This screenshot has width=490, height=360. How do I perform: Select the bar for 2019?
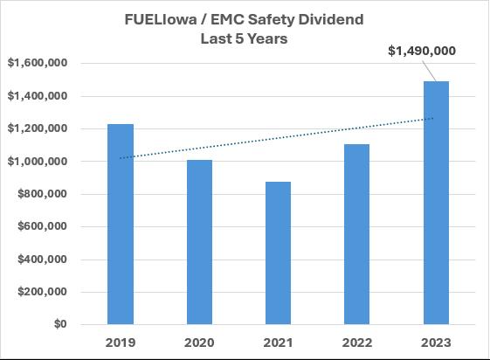121,224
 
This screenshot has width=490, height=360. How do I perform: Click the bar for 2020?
199,242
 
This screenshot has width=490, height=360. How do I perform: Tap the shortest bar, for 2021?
278,253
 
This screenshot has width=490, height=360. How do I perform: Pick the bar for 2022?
356,234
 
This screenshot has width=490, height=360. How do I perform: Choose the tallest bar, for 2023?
436,203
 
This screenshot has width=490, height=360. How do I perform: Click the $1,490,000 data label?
422,51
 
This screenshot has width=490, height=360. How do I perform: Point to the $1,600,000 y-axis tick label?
38,63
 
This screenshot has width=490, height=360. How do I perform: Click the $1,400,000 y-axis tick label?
38,95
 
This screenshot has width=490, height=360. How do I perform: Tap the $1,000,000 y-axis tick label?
38,162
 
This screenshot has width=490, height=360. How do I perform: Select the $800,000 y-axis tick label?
42,194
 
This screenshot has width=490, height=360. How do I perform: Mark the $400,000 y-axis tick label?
42,259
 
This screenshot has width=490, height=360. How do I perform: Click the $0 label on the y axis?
60,324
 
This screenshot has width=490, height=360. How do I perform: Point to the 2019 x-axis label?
121,343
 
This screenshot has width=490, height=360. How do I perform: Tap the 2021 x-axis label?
278,343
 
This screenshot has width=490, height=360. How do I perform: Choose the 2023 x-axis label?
436,343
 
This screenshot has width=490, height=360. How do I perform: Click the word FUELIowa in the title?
161,19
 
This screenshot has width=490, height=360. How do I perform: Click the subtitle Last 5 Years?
244,38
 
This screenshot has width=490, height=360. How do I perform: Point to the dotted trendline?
277,138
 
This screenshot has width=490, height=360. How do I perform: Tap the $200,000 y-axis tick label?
42,292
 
